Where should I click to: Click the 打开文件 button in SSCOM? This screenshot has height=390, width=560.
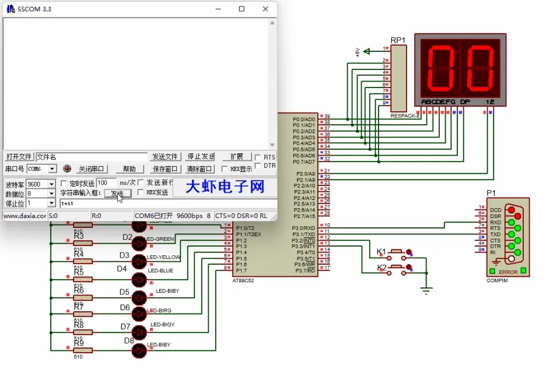pyautogui.click(x=19, y=157)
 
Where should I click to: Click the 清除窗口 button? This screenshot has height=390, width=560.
pyautogui.click(x=199, y=169)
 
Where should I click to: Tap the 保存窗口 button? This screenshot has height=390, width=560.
pyautogui.click(x=165, y=169)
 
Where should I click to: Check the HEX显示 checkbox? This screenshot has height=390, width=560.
pyautogui.click(x=225, y=169)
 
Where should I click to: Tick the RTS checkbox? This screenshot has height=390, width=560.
pyautogui.click(x=257, y=157)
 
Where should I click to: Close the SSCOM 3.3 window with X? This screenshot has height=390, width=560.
pyautogui.click(x=265, y=9)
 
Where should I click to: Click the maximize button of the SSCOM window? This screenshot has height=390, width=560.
pyautogui.click(x=242, y=9)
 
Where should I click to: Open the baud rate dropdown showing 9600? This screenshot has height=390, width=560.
pyautogui.click(x=52, y=184)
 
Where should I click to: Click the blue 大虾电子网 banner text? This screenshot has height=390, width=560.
pyautogui.click(x=225, y=187)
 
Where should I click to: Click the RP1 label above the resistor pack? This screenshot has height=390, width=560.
pyautogui.click(x=398, y=40)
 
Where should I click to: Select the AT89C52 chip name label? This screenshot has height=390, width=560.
pyautogui.click(x=243, y=280)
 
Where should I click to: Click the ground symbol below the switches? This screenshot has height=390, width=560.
pyautogui.click(x=426, y=290)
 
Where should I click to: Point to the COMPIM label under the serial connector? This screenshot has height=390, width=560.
pyautogui.click(x=497, y=280)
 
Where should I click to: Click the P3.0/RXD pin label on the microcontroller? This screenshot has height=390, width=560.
pyautogui.click(x=303, y=228)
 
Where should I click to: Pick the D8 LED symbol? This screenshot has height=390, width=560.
pyautogui.click(x=139, y=351)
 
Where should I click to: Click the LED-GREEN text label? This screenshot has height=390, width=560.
pyautogui.click(x=161, y=239)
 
